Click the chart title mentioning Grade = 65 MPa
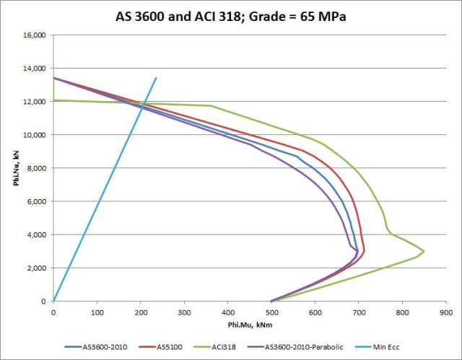231,15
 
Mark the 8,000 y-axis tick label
37,168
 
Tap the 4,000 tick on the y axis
37,234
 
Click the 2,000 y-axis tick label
37,268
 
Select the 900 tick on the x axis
446,312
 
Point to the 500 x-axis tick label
271,312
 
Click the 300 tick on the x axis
184,312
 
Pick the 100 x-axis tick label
97,312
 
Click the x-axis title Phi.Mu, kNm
250,324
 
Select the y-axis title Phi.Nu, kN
14,168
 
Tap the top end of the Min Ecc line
156,78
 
